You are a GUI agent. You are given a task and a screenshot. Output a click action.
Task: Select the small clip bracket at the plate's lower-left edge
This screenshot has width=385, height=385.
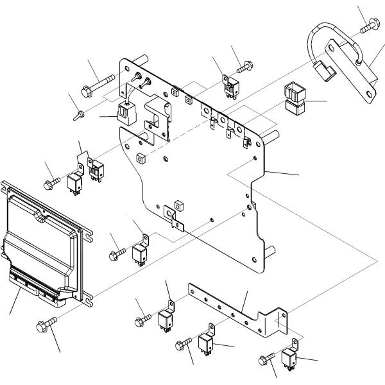coord(174,216)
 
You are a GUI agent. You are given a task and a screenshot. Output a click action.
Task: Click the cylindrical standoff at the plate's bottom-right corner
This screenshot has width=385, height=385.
coord(271,251)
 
